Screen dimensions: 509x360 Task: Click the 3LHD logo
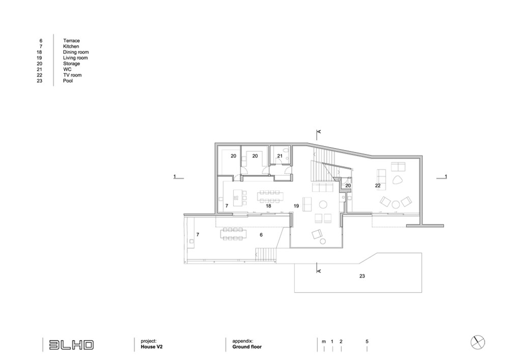[71, 345]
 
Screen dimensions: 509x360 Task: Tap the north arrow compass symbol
[477, 343]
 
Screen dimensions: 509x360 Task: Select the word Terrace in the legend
[71, 41]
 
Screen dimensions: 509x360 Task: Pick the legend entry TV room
[72, 75]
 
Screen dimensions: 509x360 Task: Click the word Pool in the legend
[68, 81]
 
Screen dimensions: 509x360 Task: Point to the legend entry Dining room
[76, 52]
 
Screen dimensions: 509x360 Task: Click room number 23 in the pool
[362, 276]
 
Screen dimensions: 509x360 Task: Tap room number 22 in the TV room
[378, 186]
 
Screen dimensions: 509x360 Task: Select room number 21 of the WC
[279, 156]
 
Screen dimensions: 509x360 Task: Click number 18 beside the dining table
[268, 206]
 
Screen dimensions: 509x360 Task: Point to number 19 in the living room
[296, 206]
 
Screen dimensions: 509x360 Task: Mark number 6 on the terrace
[261, 235]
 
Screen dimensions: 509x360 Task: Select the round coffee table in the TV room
[395, 204]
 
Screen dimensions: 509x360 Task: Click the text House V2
[152, 347]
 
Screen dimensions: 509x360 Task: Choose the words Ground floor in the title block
[247, 347]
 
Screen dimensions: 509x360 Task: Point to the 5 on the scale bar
[367, 342]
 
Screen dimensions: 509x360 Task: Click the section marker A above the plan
[319, 131]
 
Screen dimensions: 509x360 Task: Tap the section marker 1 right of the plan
[446, 177]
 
